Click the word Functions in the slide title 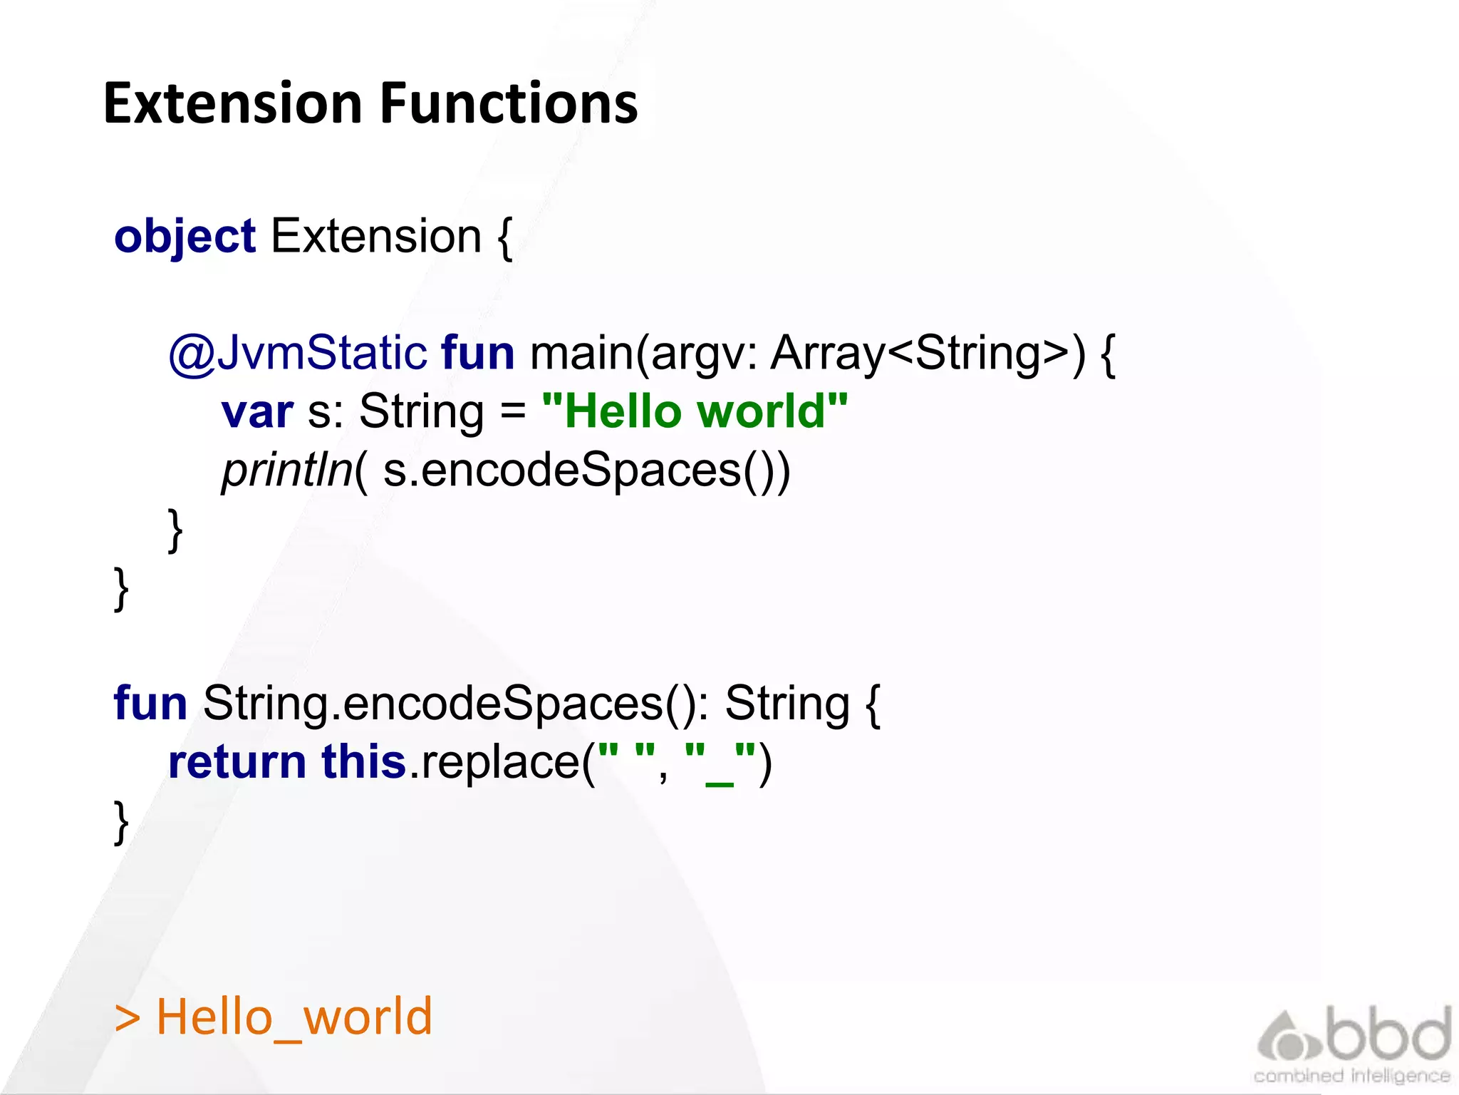[x=509, y=104]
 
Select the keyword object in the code [x=185, y=237]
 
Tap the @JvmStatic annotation [x=297, y=353]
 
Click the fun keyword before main [x=477, y=353]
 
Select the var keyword [x=256, y=412]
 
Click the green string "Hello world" [x=695, y=412]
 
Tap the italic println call [x=287, y=471]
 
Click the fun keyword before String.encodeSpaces [x=150, y=704]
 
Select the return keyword [x=237, y=762]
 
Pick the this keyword [x=363, y=762]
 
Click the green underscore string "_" [x=720, y=762]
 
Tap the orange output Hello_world [x=294, y=1017]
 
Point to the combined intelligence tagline [x=1351, y=1076]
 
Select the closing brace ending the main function [x=175, y=530]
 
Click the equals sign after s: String [x=512, y=412]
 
